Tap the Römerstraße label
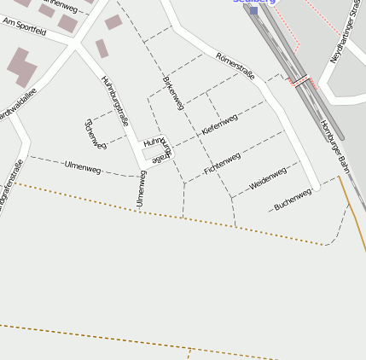point(235,67)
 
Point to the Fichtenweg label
point(223,164)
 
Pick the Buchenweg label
point(293,200)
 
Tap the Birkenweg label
point(173,92)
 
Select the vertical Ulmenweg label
point(141,189)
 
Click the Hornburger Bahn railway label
point(334,142)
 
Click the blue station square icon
point(253,11)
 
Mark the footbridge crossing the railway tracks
point(300,81)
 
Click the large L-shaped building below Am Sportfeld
point(21,67)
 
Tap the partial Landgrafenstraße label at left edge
point(9,186)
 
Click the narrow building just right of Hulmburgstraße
point(102,49)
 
